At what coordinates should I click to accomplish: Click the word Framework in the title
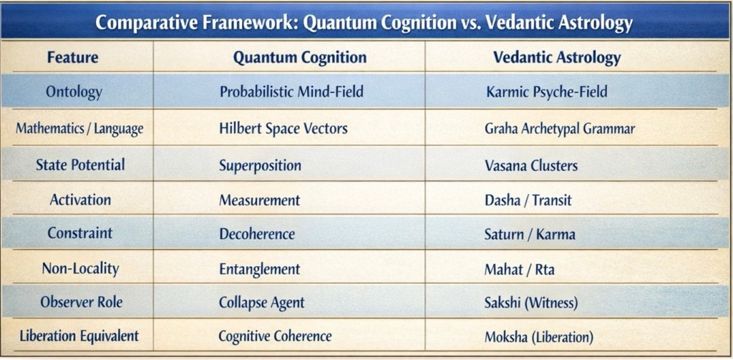click(240, 23)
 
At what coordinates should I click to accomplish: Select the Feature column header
click(73, 57)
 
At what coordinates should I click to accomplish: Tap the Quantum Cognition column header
click(300, 57)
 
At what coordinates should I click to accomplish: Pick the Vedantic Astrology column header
click(557, 57)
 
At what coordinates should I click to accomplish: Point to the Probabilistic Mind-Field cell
click(291, 91)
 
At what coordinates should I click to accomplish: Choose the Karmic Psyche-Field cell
click(546, 92)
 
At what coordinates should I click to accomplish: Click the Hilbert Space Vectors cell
click(283, 129)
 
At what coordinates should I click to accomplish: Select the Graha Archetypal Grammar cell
click(560, 129)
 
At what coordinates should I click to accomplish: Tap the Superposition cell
click(260, 165)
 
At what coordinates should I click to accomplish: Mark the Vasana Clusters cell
click(531, 165)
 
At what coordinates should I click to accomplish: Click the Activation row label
click(80, 200)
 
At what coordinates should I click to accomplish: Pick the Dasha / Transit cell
click(528, 200)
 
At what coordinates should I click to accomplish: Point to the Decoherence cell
click(257, 234)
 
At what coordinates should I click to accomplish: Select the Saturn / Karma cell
click(530, 234)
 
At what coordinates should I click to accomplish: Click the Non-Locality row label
click(80, 269)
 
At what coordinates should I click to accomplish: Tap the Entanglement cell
click(259, 269)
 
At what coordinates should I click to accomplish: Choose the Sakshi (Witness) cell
click(531, 303)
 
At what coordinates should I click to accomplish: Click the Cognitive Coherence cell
click(275, 336)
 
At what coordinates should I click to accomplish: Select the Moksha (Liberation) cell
click(539, 337)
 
